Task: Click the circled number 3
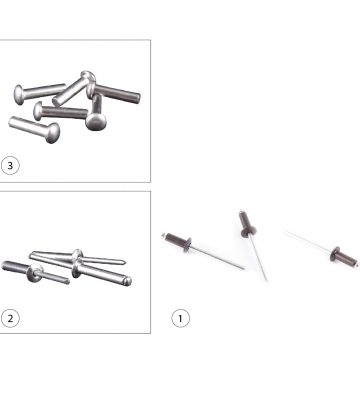(10, 165)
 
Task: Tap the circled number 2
(10, 318)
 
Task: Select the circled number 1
(180, 318)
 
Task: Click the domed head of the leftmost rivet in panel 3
(19, 95)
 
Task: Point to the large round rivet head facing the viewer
(96, 122)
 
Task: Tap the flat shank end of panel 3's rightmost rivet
(137, 97)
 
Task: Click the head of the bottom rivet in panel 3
(53, 133)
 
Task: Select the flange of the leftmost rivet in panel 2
(34, 272)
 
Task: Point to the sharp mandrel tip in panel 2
(124, 261)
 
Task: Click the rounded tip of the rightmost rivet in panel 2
(128, 281)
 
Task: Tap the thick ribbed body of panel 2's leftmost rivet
(15, 267)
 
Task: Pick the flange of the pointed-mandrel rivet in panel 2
(77, 257)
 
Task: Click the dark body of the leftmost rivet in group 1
(175, 239)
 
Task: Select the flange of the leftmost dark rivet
(188, 245)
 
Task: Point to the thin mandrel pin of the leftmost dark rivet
(217, 258)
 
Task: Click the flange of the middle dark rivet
(249, 231)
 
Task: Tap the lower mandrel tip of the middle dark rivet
(266, 279)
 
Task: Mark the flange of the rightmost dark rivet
(335, 254)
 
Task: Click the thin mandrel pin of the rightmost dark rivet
(309, 242)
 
